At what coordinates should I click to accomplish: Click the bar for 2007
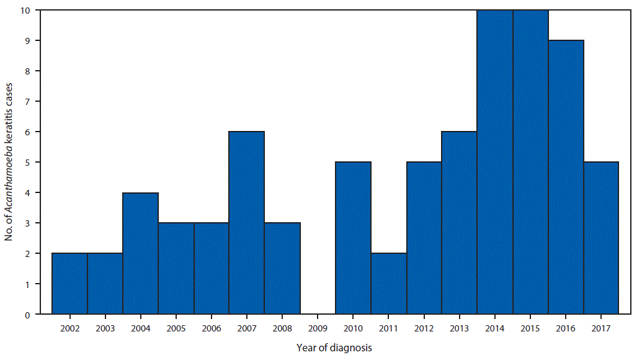(247, 223)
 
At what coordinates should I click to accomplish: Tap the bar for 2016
(566, 178)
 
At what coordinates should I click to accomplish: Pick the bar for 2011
(389, 284)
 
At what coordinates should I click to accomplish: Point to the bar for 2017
(601, 238)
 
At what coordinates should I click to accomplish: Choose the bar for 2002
(69, 284)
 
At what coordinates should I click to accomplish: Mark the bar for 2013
(460, 223)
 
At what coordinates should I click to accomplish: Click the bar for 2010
(353, 238)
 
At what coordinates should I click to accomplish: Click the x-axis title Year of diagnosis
(334, 348)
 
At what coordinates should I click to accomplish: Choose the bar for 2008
(282, 269)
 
